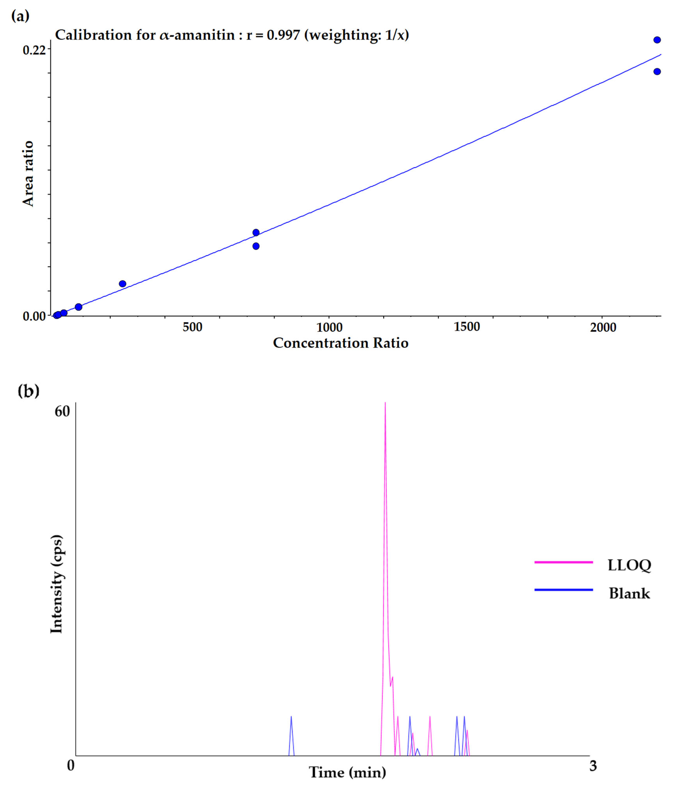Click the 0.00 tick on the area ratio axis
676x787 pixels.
click(34, 316)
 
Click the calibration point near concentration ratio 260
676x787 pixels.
click(122, 284)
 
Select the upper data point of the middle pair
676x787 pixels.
click(256, 233)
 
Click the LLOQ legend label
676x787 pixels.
click(629, 565)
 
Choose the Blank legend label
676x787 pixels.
click(629, 593)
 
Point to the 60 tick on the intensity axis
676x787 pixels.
click(62, 411)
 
